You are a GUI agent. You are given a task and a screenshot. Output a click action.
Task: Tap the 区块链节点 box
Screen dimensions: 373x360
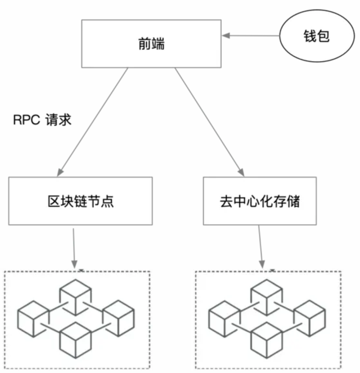pos(80,201)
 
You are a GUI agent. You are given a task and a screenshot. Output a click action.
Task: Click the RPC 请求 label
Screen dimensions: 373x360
pos(42,120)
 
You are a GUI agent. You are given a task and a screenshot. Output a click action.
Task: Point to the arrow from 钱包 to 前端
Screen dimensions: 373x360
pos(254,36)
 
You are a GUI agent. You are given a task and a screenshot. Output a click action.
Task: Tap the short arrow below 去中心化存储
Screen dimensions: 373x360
pos(261,247)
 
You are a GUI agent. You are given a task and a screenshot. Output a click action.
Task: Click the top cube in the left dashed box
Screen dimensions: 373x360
pos(75,297)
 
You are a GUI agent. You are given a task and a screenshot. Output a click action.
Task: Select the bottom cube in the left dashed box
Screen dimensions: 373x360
pos(75,341)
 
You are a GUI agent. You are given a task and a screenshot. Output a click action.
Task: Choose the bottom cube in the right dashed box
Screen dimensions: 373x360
pos(266,341)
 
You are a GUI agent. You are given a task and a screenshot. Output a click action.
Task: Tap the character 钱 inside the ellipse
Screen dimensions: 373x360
pos(310,36)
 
